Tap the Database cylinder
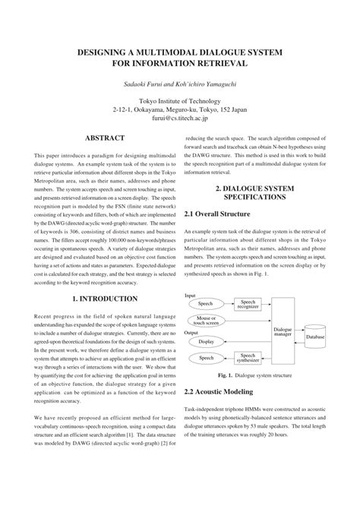tap(315, 336)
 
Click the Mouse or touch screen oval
tap(207, 320)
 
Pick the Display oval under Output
tap(206, 341)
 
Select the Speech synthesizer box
tap(248, 357)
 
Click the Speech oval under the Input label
tap(206, 304)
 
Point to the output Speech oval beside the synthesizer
tap(206, 357)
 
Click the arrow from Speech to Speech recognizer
tap(228, 304)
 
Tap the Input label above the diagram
tap(191, 295)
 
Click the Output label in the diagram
tap(193, 332)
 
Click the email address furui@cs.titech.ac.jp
tap(180, 119)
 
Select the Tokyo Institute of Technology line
tap(180, 100)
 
